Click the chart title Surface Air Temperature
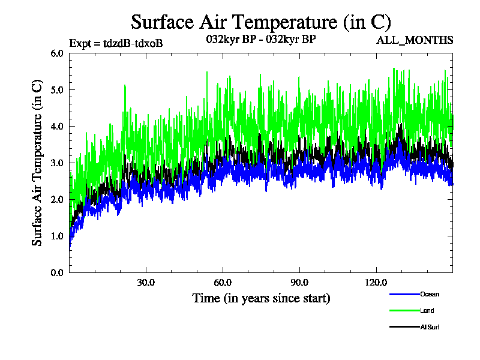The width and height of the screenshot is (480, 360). (x=261, y=22)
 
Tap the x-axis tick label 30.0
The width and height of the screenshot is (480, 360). (x=146, y=283)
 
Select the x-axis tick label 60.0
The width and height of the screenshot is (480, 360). (x=223, y=283)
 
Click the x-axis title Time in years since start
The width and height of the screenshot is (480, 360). (x=261, y=298)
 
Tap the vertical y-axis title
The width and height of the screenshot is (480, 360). (x=37, y=163)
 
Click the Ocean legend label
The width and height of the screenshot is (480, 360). (x=430, y=294)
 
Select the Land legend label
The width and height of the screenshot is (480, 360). (x=427, y=310)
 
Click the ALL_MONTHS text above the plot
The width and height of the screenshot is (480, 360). (x=415, y=40)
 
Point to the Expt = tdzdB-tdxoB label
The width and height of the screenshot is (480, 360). (x=116, y=43)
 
